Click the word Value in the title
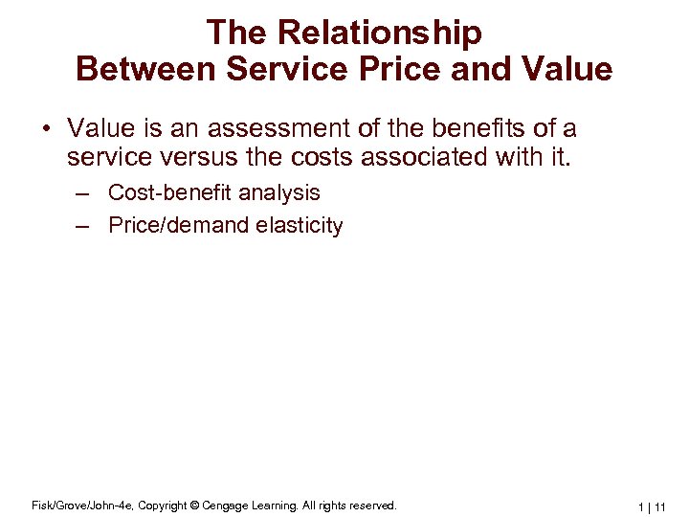coord(565,69)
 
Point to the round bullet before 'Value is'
coord(50,129)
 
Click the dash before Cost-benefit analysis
coord(84,192)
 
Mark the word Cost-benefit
coord(170,192)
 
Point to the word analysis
coord(279,192)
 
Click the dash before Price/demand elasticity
coord(84,226)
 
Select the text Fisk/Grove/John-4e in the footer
coord(74,505)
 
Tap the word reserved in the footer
coord(368,505)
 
